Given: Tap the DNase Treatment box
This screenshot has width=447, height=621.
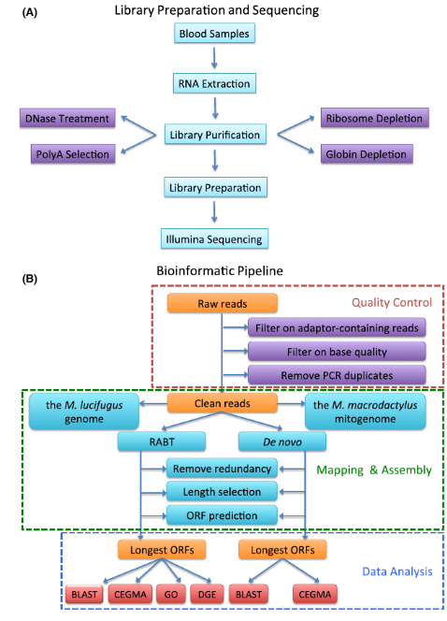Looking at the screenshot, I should (67, 119).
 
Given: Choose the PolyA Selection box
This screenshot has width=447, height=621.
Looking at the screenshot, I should (67, 152).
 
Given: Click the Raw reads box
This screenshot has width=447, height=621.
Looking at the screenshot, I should (222, 304).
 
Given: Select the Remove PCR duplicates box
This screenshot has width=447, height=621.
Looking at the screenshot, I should (336, 373).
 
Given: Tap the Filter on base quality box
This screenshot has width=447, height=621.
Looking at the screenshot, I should (336, 350).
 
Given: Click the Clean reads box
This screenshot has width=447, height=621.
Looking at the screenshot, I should (222, 405).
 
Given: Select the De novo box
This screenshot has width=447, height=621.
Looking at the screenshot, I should (282, 440).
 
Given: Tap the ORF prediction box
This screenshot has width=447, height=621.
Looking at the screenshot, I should (222, 514).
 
